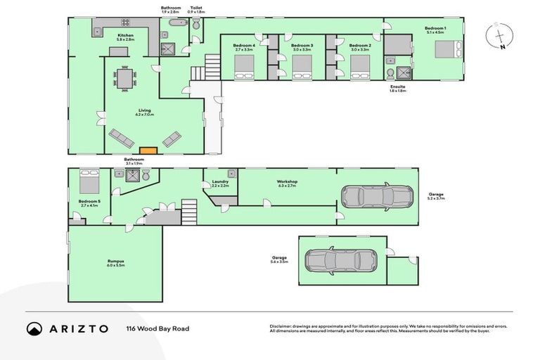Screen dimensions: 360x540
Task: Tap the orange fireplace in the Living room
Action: pyautogui.click(x=148, y=150)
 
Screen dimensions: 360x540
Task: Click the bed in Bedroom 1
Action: pyautogui.click(x=447, y=50)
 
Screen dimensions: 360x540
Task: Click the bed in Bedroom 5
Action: pyautogui.click(x=89, y=183)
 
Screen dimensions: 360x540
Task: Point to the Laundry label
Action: pyautogui.click(x=220, y=182)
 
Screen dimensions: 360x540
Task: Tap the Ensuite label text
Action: pyautogui.click(x=398, y=86)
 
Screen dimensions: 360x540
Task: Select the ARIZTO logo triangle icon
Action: pyautogui.click(x=34, y=328)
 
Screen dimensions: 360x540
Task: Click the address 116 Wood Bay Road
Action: pyautogui.click(x=157, y=328)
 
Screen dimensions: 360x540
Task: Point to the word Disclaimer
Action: pyautogui.click(x=282, y=326)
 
